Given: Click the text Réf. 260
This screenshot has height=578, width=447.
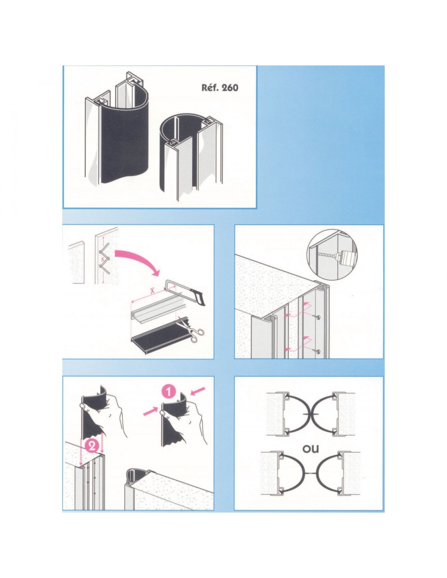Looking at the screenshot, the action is tap(219, 87).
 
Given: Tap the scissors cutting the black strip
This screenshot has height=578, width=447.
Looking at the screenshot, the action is tap(190, 328).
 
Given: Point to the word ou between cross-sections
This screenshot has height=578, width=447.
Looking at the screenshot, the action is tap(310, 449).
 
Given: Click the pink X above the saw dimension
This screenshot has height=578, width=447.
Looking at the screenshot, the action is tap(152, 291).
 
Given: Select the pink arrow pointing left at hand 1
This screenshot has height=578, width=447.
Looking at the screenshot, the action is tap(198, 391).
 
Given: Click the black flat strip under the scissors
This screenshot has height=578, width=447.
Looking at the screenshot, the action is tap(157, 332).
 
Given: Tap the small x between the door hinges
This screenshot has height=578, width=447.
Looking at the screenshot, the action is tap(102, 259).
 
